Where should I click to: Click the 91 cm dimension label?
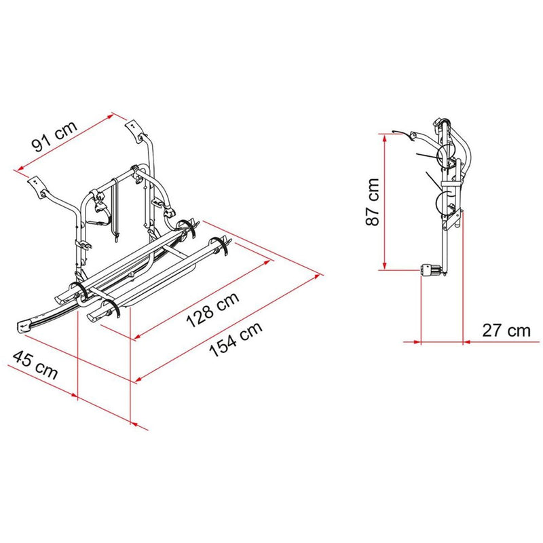[x=54, y=136]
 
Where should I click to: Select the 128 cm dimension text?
[x=212, y=310]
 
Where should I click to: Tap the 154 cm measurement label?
[x=236, y=339]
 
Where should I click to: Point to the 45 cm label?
[x=35, y=364]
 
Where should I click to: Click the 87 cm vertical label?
[x=373, y=202]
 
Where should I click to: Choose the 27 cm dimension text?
[x=506, y=331]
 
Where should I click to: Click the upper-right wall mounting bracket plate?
[x=133, y=128]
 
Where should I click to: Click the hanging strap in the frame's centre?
[x=115, y=210]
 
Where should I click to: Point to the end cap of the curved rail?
[x=25, y=327]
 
